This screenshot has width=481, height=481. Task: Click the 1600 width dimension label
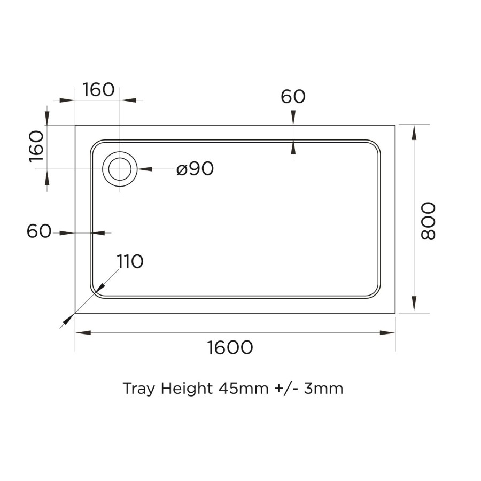(x=230, y=348)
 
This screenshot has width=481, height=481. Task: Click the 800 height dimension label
(x=428, y=221)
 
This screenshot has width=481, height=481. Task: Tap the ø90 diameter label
(x=195, y=169)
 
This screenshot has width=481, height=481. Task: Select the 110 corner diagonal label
(x=130, y=262)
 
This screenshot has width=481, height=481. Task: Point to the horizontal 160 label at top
(x=99, y=90)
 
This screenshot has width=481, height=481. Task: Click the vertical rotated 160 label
(x=36, y=146)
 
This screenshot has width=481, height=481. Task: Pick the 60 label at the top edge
(x=293, y=97)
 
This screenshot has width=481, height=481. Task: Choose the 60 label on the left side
(x=38, y=231)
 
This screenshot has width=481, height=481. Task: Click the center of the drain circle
(x=120, y=169)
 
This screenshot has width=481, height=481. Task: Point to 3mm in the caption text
(x=323, y=388)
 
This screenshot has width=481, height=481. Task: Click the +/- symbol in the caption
(x=286, y=388)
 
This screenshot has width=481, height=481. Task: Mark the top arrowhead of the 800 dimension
(x=413, y=131)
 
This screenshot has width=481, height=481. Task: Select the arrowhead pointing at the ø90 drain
(x=144, y=169)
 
